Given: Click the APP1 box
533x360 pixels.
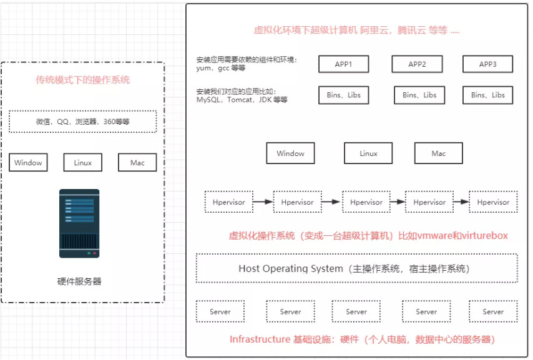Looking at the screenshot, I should (x=343, y=64).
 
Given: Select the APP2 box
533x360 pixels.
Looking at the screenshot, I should (x=417, y=64).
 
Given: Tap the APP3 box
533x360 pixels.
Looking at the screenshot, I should (x=487, y=64).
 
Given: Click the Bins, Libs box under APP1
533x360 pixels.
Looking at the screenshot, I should (x=343, y=95).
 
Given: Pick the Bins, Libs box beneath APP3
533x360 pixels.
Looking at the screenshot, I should (x=487, y=95).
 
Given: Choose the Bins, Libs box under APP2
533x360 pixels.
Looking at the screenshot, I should (x=419, y=95).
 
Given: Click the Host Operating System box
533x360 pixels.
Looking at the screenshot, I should (x=356, y=269).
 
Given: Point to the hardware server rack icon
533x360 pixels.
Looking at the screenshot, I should (x=79, y=223).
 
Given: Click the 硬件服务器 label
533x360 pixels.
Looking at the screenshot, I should (x=79, y=281).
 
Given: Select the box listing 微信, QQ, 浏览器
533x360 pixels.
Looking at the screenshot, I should (x=83, y=122).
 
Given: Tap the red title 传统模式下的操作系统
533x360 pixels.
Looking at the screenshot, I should (x=83, y=80).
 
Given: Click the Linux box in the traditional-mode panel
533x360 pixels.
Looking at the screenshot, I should (x=82, y=163).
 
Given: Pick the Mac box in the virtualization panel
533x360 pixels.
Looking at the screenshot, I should (x=438, y=153).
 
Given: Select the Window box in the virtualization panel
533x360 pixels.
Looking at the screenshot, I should (x=290, y=153).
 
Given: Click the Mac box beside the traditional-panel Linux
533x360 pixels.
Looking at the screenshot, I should (x=137, y=163).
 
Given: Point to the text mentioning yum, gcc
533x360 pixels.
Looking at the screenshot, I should (x=247, y=64).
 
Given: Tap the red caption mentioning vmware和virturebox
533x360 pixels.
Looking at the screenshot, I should (x=368, y=236).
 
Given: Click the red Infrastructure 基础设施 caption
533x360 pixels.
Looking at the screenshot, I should (x=362, y=339).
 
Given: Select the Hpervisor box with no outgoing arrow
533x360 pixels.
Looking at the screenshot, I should (x=493, y=202).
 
